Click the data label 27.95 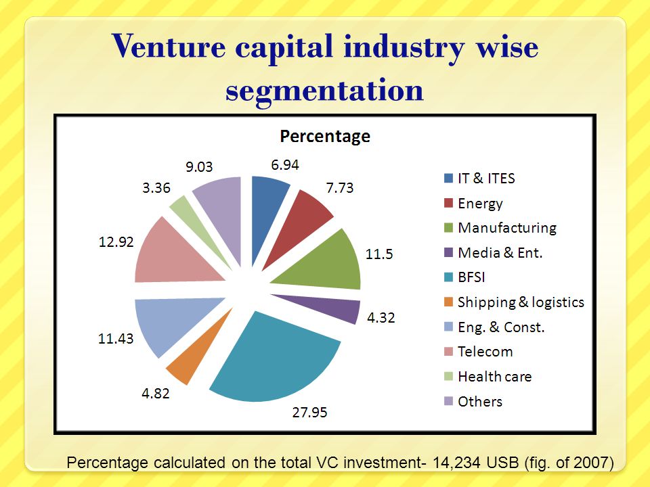(309, 413)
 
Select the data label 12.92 (116, 242)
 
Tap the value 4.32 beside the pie (381, 318)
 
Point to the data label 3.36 (156, 188)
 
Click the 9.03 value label (199, 167)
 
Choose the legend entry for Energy (473, 204)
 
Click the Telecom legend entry (479, 352)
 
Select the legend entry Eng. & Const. (494, 327)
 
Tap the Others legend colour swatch (448, 401)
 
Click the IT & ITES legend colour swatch (448, 178)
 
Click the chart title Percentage (325, 137)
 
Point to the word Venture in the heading (169, 47)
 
